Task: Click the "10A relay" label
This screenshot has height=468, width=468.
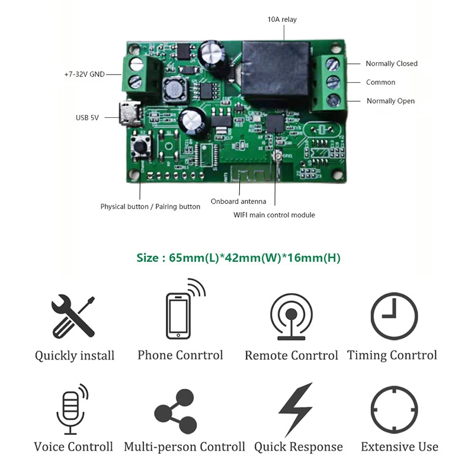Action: coord(282,20)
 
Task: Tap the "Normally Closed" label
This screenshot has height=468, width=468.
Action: coord(391,63)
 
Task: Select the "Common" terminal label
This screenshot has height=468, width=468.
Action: coord(380,82)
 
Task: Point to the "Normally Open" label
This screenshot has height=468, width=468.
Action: coord(390,101)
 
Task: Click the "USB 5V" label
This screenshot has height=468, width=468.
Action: coord(87,117)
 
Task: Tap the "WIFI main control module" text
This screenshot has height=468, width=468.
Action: coord(274,215)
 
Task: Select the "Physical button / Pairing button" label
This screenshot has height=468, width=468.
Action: coord(150,207)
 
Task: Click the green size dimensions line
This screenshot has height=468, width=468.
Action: coord(239,258)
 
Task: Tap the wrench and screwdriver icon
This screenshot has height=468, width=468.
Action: coord(73,317)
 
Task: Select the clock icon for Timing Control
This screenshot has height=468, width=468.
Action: coord(393,316)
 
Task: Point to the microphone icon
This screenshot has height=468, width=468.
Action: coord(72,409)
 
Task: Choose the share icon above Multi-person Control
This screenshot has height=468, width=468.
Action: coord(176,411)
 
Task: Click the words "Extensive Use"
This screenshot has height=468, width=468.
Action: coord(399,447)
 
